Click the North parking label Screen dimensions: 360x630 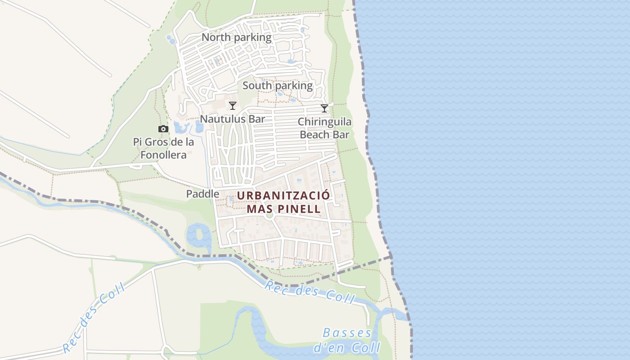[x=236, y=37]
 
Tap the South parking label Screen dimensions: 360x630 [x=277, y=85]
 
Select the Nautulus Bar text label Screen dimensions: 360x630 [x=232, y=119]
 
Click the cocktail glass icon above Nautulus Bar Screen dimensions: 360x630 [x=233, y=106]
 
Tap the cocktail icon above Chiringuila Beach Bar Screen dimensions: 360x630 [x=324, y=108]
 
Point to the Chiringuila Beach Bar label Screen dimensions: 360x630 [x=324, y=128]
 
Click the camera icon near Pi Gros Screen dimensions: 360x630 [x=163, y=129]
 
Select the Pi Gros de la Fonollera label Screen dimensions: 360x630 [x=163, y=148]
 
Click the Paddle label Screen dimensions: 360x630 [x=203, y=194]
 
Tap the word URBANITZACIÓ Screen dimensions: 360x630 [x=283, y=196]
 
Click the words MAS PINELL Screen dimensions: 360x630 [x=283, y=209]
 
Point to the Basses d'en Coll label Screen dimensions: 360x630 [x=347, y=340]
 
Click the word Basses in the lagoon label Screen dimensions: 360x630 [x=347, y=333]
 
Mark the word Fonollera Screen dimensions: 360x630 [x=163, y=155]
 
